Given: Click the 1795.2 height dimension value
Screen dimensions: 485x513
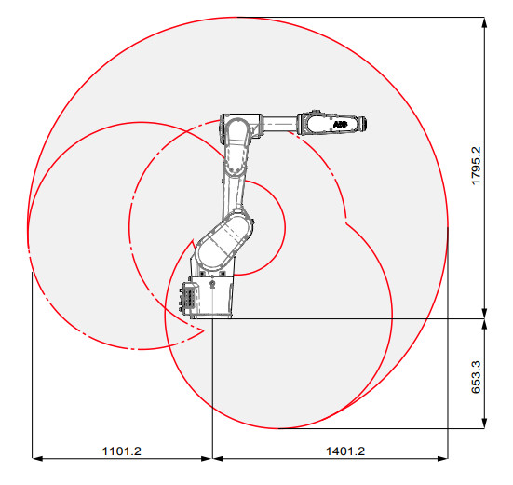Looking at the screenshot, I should point(476,166).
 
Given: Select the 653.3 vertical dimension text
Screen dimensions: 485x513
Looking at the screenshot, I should point(476,374).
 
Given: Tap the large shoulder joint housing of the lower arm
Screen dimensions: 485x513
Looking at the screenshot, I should point(223,241).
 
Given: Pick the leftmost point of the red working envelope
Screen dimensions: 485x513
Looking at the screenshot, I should point(28,233).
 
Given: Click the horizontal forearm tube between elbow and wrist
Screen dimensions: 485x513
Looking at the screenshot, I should point(280,122).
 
